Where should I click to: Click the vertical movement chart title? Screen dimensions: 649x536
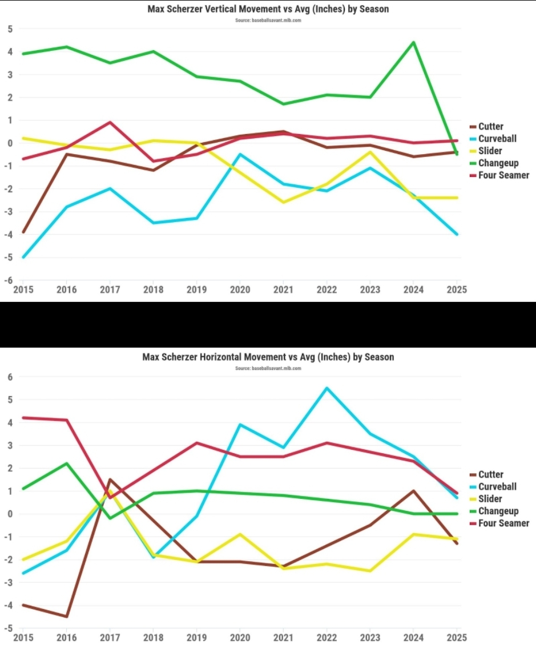[268, 9]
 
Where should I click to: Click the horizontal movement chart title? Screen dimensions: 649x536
[268, 357]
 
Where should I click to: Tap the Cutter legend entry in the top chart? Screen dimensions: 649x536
[490, 127]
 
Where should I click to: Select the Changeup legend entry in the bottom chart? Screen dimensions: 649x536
[498, 511]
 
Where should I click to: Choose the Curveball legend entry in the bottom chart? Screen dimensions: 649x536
[497, 486]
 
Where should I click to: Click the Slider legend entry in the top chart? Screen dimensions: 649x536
[490, 151]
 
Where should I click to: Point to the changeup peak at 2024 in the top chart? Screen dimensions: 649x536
[413, 42]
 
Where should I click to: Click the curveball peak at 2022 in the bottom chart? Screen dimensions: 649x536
[327, 388]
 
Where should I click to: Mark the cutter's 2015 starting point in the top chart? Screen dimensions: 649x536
[23, 232]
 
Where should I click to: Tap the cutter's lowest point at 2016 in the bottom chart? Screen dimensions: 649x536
[67, 616]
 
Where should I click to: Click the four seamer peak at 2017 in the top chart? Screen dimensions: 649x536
[110, 122]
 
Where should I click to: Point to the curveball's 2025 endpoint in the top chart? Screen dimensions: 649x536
[457, 234]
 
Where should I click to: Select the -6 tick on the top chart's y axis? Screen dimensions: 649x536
[9, 280]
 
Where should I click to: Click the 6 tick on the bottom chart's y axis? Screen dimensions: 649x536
[9, 377]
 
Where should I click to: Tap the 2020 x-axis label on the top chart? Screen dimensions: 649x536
[240, 289]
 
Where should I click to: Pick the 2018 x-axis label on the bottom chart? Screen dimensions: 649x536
[154, 637]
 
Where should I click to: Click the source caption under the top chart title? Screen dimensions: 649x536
[268, 20]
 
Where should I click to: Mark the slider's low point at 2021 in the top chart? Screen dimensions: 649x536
[284, 202]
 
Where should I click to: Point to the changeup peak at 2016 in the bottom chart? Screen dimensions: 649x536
[67, 463]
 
